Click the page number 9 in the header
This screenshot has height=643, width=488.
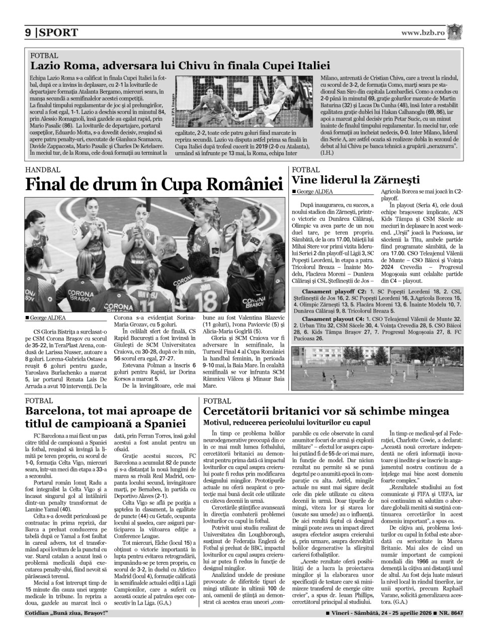point(29,33)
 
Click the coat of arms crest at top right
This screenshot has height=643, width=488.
point(456,32)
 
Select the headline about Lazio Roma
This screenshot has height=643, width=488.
point(180,65)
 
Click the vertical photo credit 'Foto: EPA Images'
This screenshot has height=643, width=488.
point(172,109)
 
